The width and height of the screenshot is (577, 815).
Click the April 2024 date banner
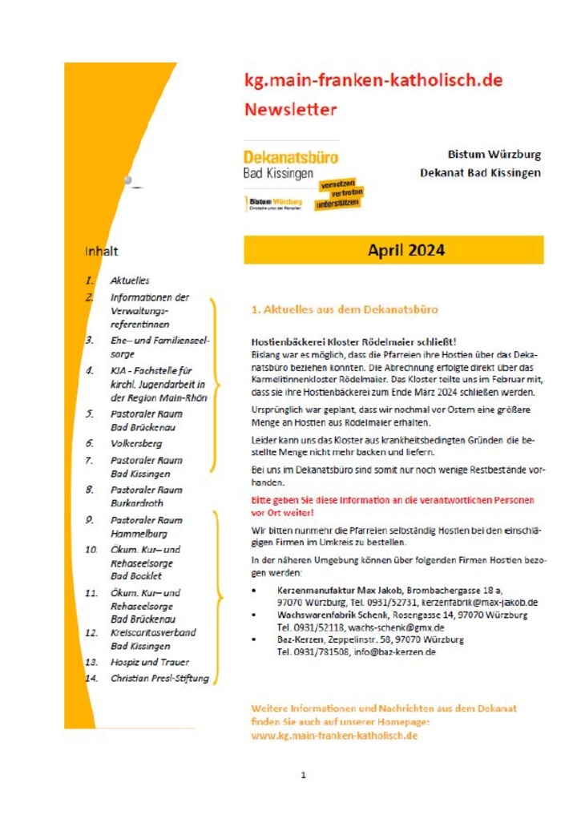tap(394, 250)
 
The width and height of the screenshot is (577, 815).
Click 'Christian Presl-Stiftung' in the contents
tap(159, 679)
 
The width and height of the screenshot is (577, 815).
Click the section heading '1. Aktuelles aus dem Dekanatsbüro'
tap(345, 309)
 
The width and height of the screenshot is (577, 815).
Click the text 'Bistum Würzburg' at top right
tap(494, 154)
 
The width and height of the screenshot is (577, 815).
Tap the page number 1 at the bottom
tap(304, 775)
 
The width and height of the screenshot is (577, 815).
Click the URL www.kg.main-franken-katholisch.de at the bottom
tap(334, 735)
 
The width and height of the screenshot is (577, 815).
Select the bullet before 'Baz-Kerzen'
tap(254, 640)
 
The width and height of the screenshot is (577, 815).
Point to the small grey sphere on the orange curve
tap(127, 181)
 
